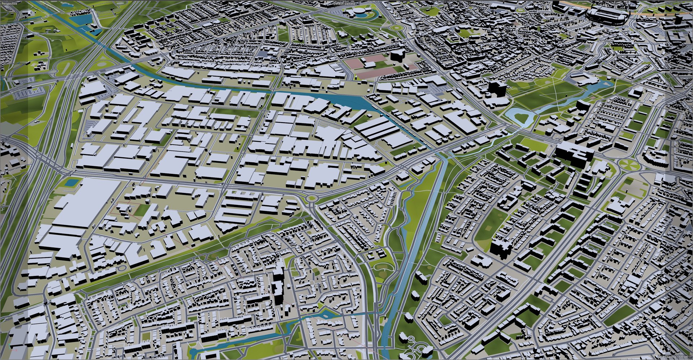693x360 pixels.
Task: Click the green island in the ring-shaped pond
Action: click(x=520, y=117)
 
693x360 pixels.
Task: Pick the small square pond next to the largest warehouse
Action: click(x=71, y=182)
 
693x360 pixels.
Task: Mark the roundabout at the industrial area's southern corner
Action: click(x=311, y=198)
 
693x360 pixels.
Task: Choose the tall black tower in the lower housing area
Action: click(x=278, y=289)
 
